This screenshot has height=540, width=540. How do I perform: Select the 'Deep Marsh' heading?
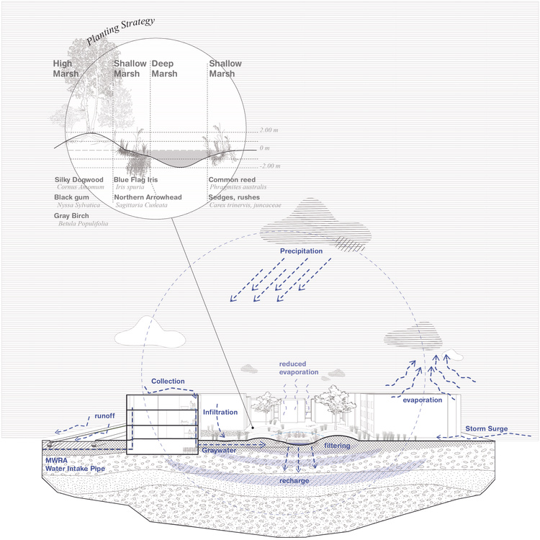click(x=164, y=68)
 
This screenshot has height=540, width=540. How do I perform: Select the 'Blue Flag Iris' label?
click(x=136, y=179)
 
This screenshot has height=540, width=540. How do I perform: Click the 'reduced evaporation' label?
click(x=299, y=369)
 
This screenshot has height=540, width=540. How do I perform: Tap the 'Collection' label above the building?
click(x=168, y=381)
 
